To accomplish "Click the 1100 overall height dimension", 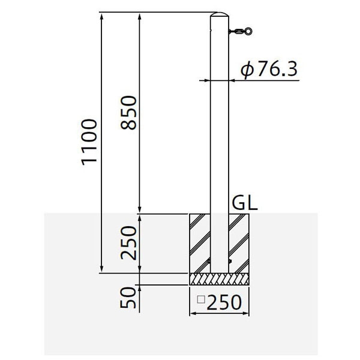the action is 89,142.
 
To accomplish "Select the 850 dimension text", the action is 128,113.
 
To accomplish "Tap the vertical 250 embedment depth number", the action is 128,243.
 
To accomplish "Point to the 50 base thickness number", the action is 128,298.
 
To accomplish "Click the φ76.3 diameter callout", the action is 269,69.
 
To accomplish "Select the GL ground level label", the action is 245,203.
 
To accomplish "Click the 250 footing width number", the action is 224,302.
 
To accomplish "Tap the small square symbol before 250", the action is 201,299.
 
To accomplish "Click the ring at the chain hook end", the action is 248,31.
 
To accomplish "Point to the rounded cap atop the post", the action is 220,14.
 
